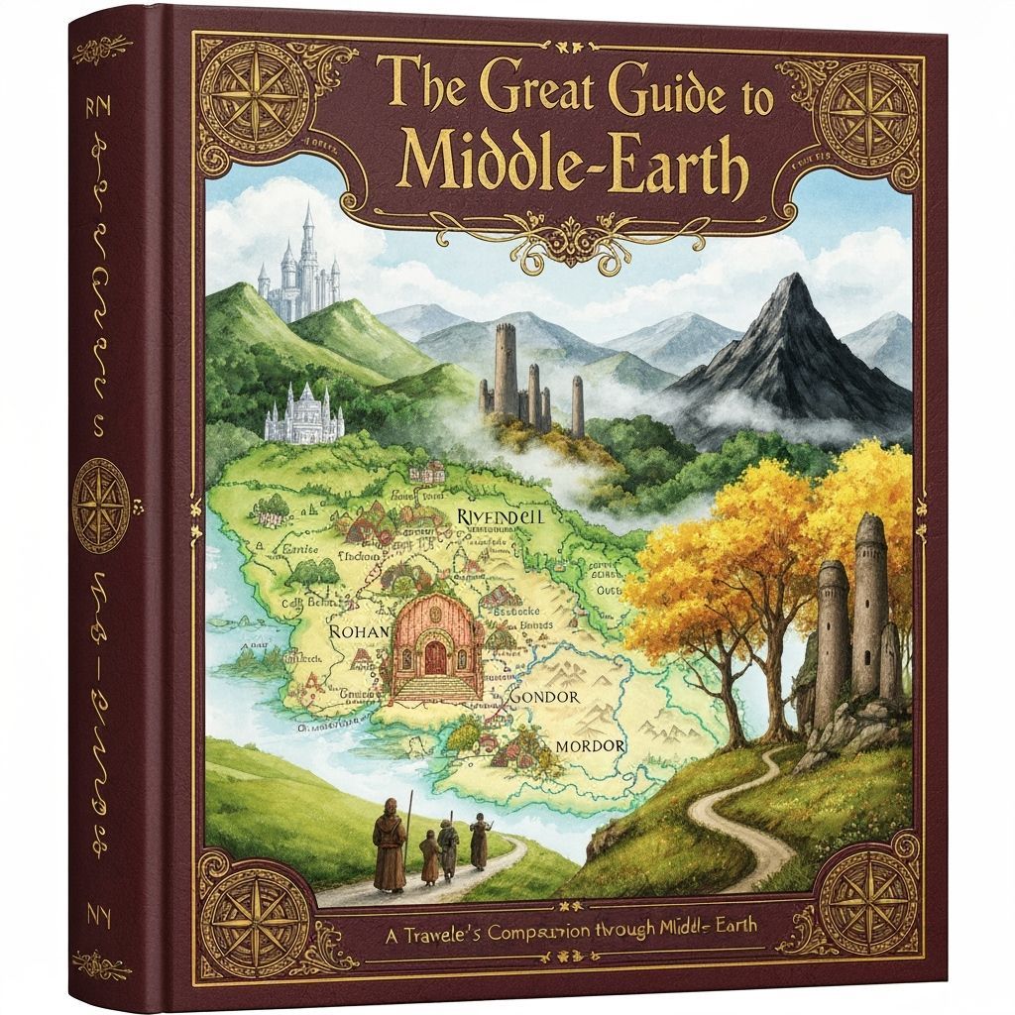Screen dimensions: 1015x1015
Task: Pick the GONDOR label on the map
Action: [x=541, y=697]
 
